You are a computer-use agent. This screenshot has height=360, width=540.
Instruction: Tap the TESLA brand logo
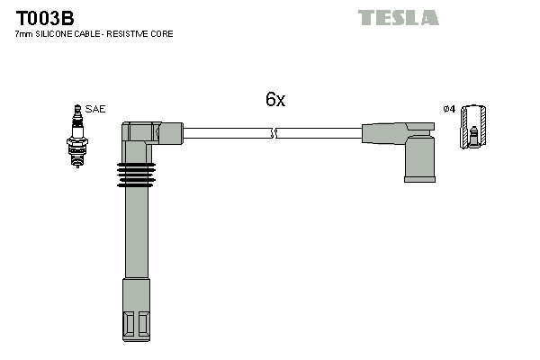click(398, 17)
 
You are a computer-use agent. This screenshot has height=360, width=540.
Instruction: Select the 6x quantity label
click(274, 101)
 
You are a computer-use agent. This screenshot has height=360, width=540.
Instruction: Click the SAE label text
click(96, 109)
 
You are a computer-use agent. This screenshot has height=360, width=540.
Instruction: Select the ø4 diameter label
click(448, 109)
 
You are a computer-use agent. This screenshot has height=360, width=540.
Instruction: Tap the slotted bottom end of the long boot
click(135, 320)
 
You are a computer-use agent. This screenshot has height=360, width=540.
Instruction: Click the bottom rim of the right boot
click(419, 177)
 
